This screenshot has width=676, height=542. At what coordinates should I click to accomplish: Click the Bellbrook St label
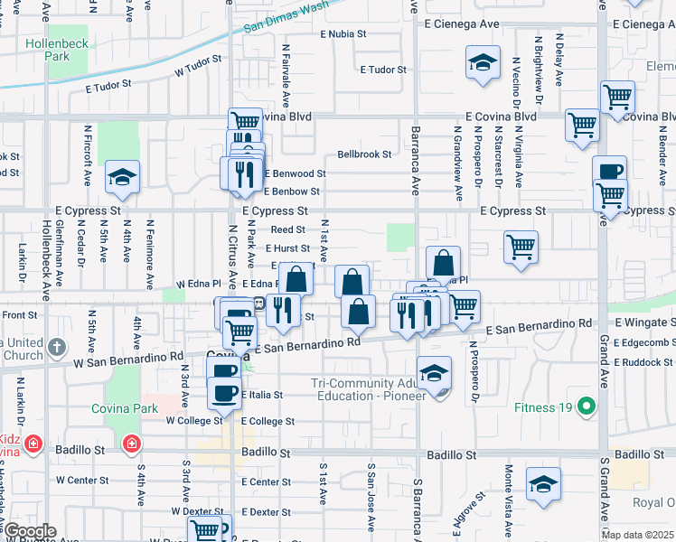click(364, 154)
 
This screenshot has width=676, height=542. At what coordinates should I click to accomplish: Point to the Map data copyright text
click(637, 535)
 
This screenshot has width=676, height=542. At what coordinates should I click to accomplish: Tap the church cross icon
click(56, 346)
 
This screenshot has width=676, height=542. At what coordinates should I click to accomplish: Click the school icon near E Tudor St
click(483, 65)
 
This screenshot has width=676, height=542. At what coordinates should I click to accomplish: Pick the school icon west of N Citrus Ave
click(121, 178)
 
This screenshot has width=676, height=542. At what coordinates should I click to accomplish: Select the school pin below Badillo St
click(544, 484)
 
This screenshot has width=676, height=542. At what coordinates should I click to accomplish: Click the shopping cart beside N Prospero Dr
click(521, 247)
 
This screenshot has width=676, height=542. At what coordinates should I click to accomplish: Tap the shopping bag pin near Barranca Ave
click(443, 264)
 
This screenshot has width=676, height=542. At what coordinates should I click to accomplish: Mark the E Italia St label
click(261, 395)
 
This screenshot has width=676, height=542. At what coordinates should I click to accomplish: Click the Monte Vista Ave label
click(509, 494)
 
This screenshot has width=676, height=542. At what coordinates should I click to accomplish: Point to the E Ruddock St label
click(643, 362)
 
